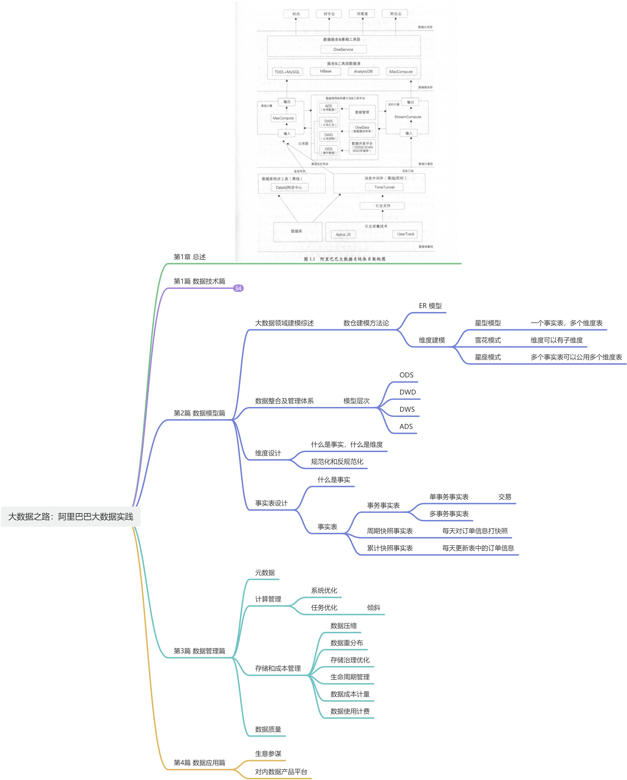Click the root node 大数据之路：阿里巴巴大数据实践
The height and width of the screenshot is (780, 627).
click(70, 517)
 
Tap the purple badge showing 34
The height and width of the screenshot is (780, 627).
click(238, 288)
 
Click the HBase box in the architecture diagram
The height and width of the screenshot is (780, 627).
click(326, 71)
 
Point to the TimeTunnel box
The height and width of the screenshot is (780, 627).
click(384, 187)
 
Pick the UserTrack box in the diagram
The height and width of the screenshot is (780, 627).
click(406, 234)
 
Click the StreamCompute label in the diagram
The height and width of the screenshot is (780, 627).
click(408, 117)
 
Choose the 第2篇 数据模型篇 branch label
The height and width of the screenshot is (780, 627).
click(199, 413)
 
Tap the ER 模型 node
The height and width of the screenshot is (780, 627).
click(430, 306)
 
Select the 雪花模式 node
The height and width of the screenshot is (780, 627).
click(488, 340)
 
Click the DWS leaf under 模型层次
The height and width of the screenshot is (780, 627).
click(407, 409)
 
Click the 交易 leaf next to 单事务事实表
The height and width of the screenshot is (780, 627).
click(505, 497)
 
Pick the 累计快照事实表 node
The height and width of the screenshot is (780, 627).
click(390, 548)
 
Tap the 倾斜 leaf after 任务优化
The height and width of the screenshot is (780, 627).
click(373, 608)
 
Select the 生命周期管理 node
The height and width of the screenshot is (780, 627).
click(350, 677)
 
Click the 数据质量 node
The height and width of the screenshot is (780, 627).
click(268, 729)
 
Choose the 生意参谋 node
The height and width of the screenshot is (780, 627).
click(268, 754)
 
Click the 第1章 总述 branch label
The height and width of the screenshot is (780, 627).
click(190, 257)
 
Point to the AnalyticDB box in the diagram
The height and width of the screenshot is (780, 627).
click(363, 71)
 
